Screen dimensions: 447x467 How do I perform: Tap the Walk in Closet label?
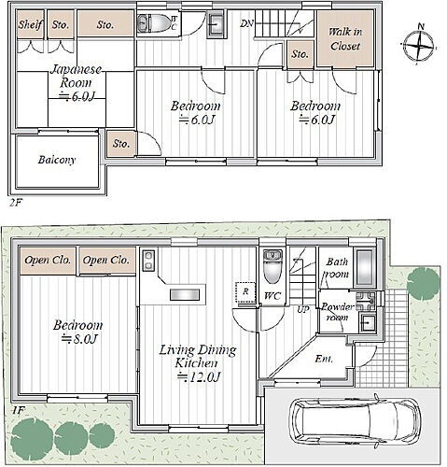point(345,39)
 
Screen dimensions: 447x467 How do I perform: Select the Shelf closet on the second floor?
point(30,24)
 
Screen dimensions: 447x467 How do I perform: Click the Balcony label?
point(57,160)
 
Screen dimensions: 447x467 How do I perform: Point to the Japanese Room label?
point(76,76)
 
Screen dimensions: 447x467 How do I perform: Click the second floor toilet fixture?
point(154,22)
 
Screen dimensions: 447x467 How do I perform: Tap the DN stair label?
point(246,23)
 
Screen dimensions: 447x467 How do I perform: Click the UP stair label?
point(302,309)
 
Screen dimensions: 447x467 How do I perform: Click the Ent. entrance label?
point(324,359)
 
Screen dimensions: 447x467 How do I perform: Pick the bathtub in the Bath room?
point(365,268)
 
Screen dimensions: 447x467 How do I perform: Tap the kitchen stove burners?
point(148,260)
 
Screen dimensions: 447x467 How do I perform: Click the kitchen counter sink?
point(185,294)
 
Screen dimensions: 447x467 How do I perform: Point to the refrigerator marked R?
point(245,291)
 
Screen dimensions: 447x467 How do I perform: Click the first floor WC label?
point(272,296)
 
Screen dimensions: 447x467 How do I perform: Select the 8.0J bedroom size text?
point(79,339)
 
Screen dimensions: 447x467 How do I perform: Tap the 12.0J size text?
point(199,377)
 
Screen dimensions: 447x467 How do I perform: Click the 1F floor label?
point(18,411)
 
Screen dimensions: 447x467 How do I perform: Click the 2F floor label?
point(16,203)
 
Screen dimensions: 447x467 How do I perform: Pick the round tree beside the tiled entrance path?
point(423,284)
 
